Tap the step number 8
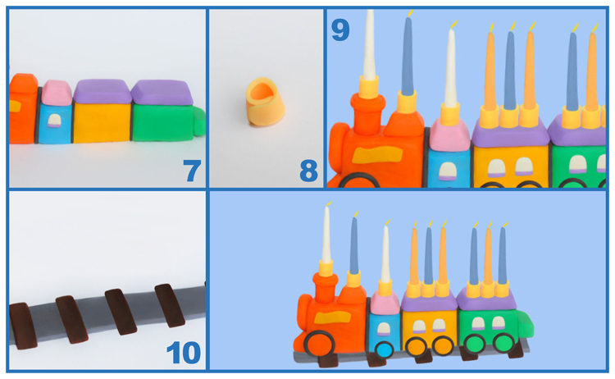click(x=308, y=171)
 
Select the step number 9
click(x=340, y=30)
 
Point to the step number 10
click(x=184, y=353)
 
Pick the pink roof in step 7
click(x=56, y=93)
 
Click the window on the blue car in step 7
click(x=55, y=121)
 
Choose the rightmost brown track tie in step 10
click(x=171, y=305)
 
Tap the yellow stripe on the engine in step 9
click(x=390, y=153)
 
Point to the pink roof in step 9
click(x=449, y=134)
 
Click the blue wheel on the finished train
click(x=384, y=349)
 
